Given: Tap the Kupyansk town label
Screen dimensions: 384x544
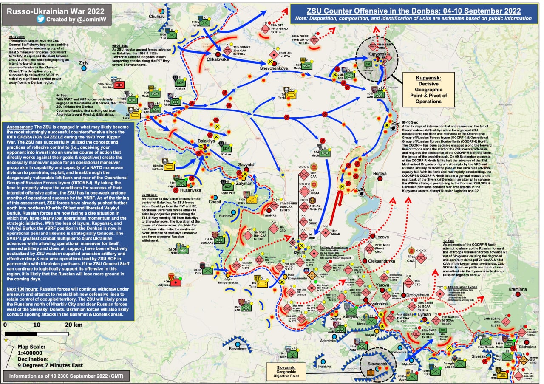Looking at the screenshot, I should (x=376, y=56).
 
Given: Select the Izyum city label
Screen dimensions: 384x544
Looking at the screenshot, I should (x=299, y=252).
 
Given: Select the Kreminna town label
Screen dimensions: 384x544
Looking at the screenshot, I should (x=517, y=289).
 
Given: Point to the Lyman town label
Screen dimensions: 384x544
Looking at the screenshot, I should (x=425, y=314).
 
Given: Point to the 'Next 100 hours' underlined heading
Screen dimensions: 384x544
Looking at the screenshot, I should (x=25, y=288).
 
